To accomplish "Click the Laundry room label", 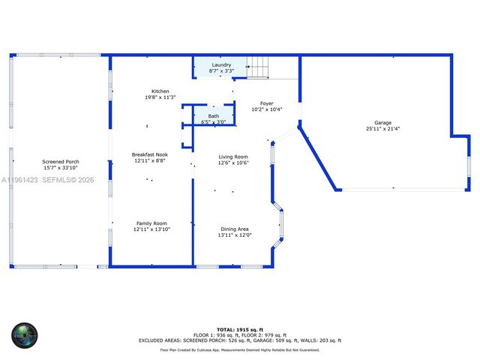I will point(221,65).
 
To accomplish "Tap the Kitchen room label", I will point(160,91).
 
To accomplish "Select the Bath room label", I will point(214,116).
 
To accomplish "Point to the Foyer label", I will point(266,103).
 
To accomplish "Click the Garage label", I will point(382,123).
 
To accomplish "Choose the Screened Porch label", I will point(61,161).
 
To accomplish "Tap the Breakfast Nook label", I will point(149,154).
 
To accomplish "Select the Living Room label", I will point(233,157).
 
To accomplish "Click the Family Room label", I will point(151,223).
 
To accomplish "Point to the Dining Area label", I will point(235,229).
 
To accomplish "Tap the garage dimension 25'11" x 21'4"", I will point(382,129).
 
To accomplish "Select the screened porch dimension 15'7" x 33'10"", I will point(61,167).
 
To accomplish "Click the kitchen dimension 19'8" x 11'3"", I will point(160,97).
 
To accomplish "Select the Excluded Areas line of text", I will point(240,340).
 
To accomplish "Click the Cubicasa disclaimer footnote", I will point(240,349).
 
